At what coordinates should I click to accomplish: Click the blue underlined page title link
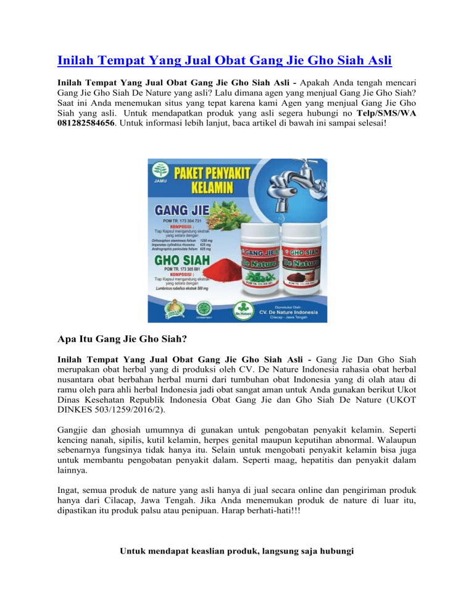224,61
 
